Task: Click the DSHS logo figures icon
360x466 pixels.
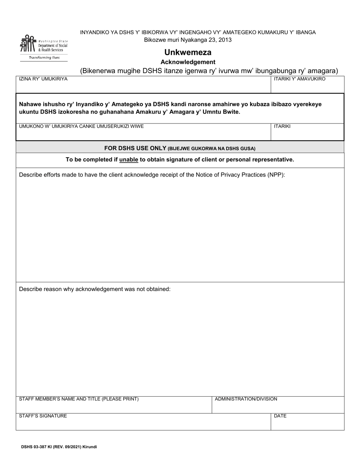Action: pos(28,44)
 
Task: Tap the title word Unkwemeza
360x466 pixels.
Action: pos(188,52)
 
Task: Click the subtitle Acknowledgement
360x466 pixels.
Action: pos(188,62)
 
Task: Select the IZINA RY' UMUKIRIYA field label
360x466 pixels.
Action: pos(43,79)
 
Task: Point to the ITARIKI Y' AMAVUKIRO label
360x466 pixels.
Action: pos(299,79)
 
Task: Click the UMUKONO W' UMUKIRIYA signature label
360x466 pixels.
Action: pos(81,126)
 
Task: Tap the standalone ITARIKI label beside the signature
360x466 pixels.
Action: pos(282,126)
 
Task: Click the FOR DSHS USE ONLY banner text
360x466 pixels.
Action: pos(135,148)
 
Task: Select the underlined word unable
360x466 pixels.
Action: pos(128,160)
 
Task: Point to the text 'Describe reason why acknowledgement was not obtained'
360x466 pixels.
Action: pos(95,289)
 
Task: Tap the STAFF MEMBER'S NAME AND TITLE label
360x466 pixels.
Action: pos(79,399)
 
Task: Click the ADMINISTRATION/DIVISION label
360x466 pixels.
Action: pos(246,399)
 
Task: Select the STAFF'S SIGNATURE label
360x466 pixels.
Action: pos(43,416)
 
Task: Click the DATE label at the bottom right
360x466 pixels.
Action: pos(280,416)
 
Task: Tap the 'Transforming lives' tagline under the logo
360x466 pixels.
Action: pos(44,58)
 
